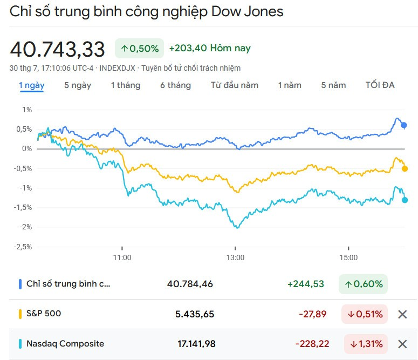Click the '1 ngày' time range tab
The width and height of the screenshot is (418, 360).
point(32,85)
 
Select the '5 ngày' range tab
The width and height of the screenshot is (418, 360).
point(78,85)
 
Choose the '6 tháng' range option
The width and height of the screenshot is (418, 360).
point(175,85)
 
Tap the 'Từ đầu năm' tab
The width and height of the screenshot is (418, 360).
point(234,85)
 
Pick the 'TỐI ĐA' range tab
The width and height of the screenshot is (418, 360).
point(380,85)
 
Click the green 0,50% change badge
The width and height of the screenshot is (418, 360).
point(139,49)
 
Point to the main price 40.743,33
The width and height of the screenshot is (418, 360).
point(57,49)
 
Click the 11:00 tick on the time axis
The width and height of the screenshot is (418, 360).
point(122,257)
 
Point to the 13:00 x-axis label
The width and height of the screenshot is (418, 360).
point(236,257)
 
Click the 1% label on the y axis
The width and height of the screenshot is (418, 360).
point(26,110)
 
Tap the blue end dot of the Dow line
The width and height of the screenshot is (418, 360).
point(404,125)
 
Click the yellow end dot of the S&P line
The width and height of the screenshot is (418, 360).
point(405,168)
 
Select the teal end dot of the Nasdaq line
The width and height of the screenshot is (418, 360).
point(405,200)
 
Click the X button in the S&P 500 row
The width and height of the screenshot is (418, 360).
point(402,314)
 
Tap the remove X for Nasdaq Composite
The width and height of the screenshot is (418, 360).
point(402,344)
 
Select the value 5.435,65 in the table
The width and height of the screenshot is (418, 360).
point(195,314)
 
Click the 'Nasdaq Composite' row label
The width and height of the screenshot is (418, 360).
point(65,344)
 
